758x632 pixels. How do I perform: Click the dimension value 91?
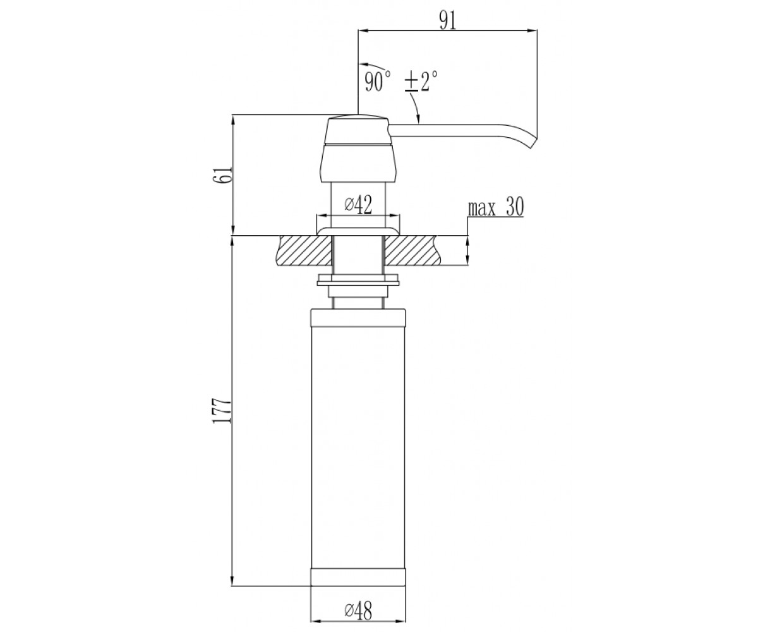coord(448,20)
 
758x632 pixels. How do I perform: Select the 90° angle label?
coord(378,82)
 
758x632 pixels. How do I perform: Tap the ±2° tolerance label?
coord(421,81)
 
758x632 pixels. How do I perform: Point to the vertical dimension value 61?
coord(222,175)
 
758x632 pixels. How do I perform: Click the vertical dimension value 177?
coord(222,411)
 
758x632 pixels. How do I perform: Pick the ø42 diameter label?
coord(358,205)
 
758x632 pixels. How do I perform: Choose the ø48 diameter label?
coord(358,611)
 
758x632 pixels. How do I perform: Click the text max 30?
coord(496,208)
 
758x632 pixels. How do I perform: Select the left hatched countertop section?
coord(305,250)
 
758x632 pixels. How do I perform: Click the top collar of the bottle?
coord(358,317)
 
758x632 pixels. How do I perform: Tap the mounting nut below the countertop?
coord(358,280)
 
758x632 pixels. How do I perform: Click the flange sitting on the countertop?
coord(358,232)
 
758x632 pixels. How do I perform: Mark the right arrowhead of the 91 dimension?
coord(532,30)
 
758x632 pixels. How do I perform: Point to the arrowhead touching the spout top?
coord(419,119)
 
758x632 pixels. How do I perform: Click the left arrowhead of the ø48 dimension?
coord(316,621)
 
